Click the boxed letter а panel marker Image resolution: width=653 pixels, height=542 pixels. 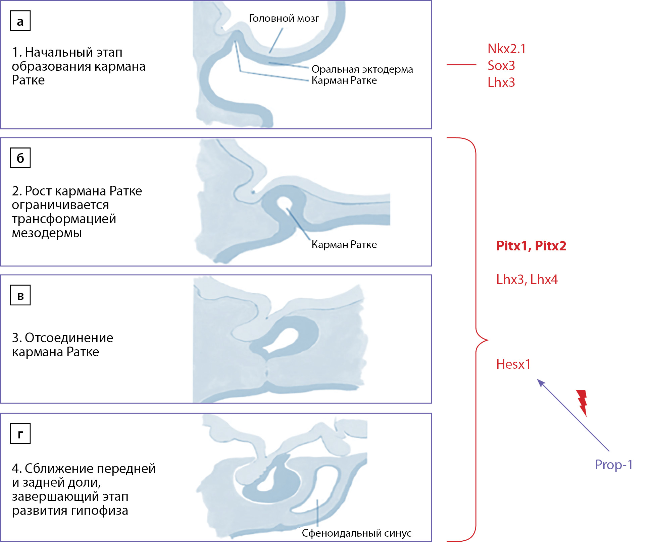pos(20,21)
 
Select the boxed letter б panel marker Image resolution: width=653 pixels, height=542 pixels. pos(20,158)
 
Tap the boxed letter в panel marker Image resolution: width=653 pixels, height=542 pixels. pos(20,295)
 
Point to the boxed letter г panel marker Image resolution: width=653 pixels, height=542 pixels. pos(20,434)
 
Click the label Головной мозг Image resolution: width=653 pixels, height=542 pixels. pos(284,18)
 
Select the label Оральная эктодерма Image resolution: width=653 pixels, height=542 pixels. pos(362,69)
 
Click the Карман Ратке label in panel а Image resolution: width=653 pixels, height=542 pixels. pos(344,80)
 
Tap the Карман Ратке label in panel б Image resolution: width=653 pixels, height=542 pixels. pos(344,244)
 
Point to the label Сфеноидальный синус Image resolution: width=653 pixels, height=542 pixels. pos(356,533)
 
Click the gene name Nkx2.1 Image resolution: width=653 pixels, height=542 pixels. pos(506,49)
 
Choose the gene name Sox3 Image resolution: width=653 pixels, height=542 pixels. pos(501,66)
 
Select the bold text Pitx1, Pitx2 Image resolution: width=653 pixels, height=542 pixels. pos(531,246)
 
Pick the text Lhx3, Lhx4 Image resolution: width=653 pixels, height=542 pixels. pos(527,279)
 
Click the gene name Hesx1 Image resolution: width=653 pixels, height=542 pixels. pos(513,364)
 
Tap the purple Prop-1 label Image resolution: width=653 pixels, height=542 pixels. pos(613,465)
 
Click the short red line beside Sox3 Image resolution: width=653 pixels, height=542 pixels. pos(461,64)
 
